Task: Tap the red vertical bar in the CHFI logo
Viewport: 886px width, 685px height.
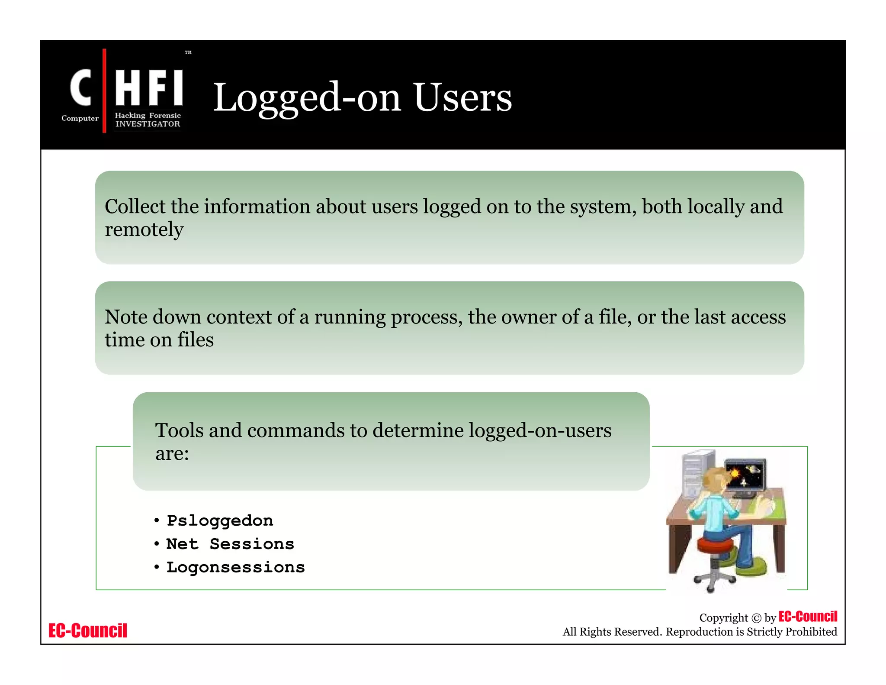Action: (104, 91)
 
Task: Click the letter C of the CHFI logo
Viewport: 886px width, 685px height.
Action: (81, 88)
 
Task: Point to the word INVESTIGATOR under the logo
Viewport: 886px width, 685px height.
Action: (148, 124)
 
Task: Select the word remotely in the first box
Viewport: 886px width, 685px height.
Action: (144, 229)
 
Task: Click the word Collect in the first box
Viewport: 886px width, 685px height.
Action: (135, 207)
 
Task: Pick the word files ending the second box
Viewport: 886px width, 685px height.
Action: (195, 340)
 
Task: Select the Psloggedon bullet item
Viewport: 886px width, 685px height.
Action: (220, 521)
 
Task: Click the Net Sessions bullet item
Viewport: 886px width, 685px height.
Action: (230, 544)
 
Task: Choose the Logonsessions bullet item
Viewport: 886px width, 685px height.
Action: (236, 567)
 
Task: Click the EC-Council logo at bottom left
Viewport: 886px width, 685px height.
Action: (88, 630)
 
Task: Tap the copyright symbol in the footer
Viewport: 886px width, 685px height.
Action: (756, 618)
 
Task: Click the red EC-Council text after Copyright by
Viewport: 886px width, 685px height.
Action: (808, 617)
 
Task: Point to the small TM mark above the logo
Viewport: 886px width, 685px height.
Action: (188, 52)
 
